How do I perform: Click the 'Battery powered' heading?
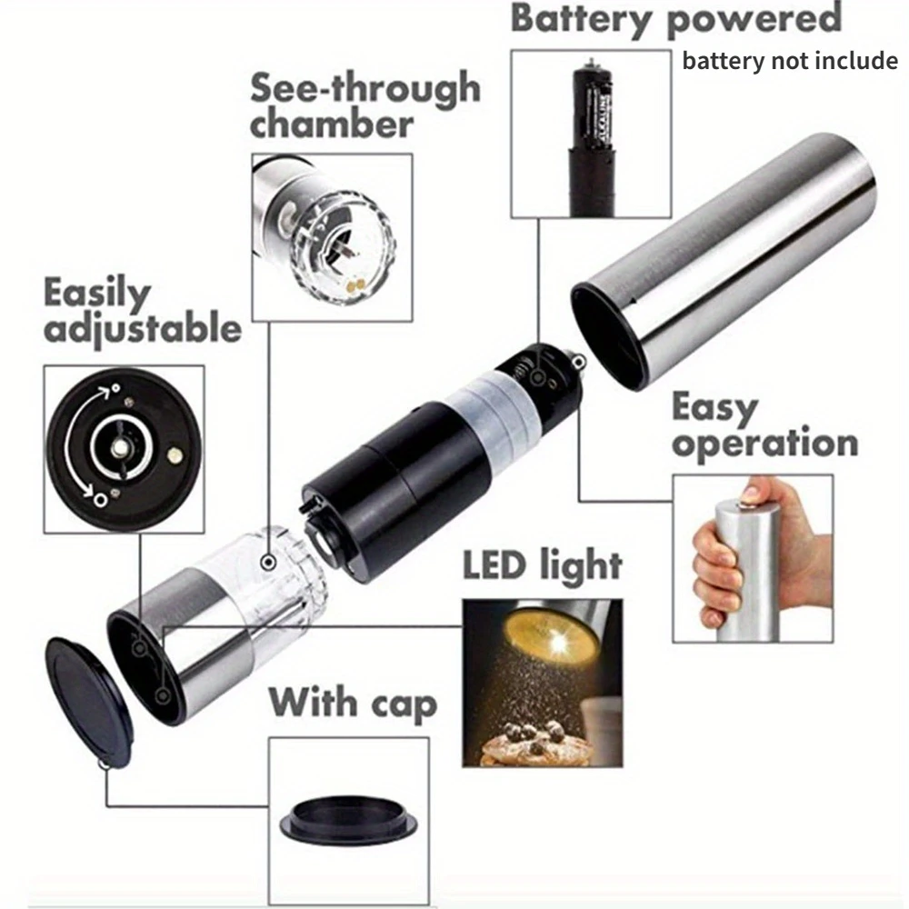(676, 18)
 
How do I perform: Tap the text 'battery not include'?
(790, 60)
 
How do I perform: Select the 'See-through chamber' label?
(365, 105)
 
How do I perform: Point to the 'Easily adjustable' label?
(142, 311)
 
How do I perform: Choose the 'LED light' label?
(543, 565)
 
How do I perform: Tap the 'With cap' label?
(353, 703)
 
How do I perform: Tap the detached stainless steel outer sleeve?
(724, 261)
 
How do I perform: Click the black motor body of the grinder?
(395, 493)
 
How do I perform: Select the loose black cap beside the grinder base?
(90, 703)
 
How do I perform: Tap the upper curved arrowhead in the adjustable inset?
(105, 393)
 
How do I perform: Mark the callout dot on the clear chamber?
(268, 561)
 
